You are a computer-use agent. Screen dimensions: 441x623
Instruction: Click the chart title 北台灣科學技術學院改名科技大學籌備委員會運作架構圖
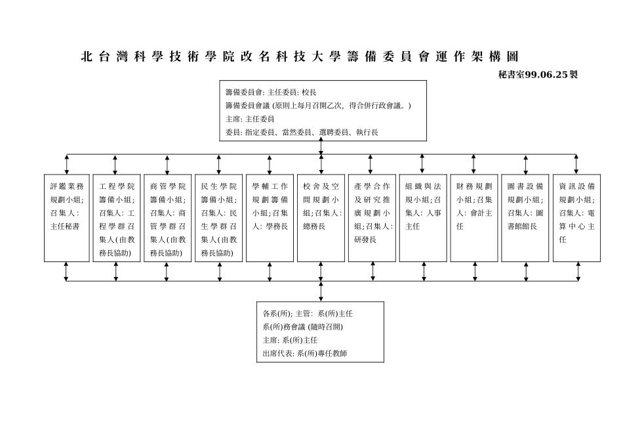coord(304,57)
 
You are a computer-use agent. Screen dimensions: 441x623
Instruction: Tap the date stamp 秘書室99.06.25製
coord(538,75)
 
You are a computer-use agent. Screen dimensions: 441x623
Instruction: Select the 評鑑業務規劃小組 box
coord(66,218)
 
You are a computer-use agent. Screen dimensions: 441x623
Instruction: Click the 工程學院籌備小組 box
coord(117,218)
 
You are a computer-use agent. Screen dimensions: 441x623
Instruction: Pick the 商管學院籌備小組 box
coord(168,218)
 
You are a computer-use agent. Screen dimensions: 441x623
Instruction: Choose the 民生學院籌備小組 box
coord(219,218)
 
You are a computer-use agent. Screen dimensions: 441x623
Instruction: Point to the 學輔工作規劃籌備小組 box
coord(270,218)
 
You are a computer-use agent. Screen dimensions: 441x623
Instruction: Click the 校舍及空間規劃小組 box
coord(321,218)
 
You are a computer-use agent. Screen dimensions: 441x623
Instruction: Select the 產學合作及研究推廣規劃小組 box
coord(372,218)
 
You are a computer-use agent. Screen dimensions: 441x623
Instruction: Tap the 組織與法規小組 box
coord(423,218)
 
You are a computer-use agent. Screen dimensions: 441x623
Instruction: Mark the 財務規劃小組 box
coord(474,218)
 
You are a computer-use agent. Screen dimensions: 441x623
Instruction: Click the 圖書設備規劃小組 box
coord(525,218)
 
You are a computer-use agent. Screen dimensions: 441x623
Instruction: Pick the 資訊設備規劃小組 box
coord(576,218)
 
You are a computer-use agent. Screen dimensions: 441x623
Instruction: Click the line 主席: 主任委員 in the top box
coord(250,119)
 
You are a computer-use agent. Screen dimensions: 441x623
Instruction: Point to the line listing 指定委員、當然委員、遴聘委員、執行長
coord(302,133)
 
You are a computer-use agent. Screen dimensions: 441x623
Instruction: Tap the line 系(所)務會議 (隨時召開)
coord(302,327)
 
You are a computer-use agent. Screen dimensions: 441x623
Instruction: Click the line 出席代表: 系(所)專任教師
coord(304,353)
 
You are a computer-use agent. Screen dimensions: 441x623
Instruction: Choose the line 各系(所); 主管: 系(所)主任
coord(308,314)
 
